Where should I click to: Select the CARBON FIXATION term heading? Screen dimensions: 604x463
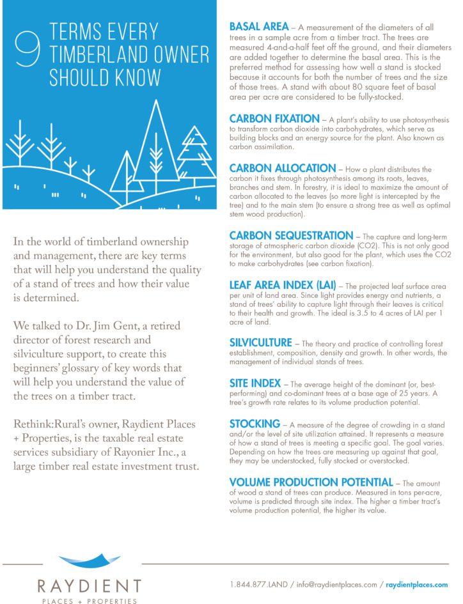[274, 120]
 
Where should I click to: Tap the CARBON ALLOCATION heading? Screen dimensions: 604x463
[282, 169]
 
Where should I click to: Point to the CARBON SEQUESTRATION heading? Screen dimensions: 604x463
[291, 236]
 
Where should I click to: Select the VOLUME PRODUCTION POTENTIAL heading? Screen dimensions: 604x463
[311, 482]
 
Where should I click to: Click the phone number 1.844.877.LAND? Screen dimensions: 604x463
[257, 585]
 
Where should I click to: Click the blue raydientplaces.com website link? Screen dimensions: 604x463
[416, 585]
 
